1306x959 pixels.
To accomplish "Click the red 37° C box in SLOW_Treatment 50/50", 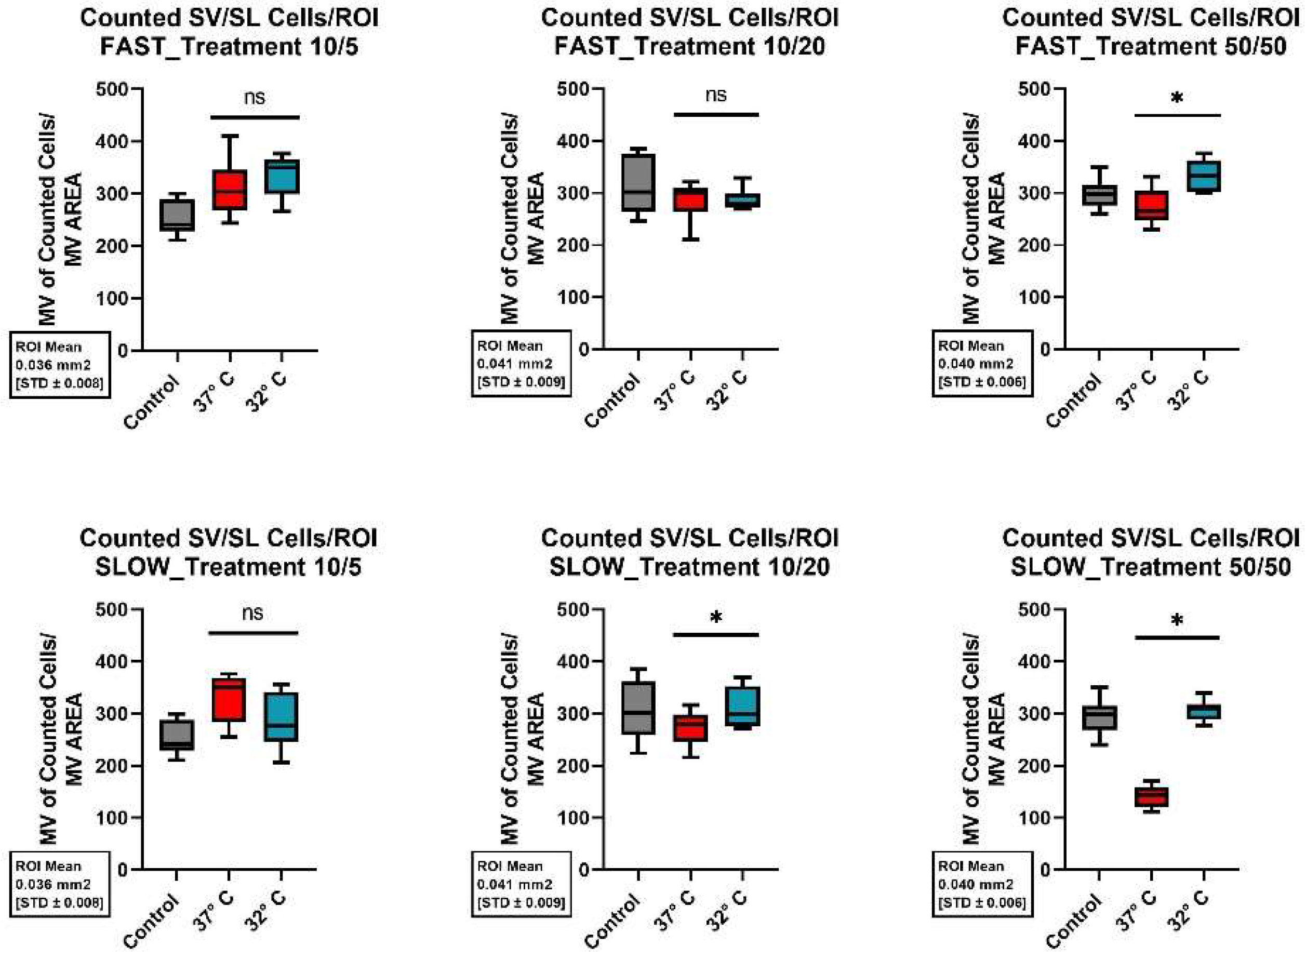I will click(x=1152, y=796).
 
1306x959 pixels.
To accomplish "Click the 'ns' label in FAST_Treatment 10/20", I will click(x=716, y=95).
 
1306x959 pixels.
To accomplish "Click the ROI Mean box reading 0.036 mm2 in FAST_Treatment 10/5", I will click(x=59, y=365).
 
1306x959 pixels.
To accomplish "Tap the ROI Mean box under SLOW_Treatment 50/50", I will click(x=982, y=884).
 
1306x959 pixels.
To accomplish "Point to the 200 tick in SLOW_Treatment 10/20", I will click(x=572, y=766).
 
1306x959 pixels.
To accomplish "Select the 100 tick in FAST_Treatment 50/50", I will click(x=1034, y=297).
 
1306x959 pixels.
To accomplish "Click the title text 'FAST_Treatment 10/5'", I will click(x=229, y=46).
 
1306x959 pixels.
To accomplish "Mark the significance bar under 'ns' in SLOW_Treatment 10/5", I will click(x=253, y=633).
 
